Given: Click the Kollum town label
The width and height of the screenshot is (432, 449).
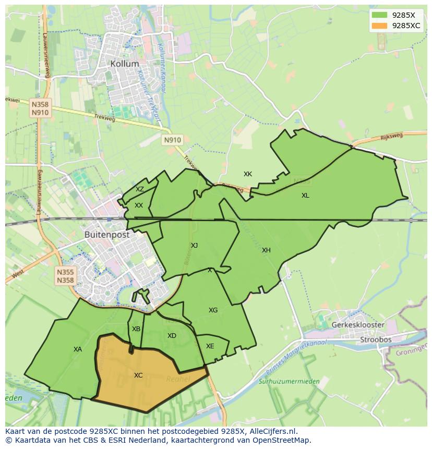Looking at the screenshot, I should coord(125,64).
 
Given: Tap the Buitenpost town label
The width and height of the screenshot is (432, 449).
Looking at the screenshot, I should coord(107,235).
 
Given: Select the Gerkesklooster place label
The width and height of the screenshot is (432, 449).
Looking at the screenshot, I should coord(358,325).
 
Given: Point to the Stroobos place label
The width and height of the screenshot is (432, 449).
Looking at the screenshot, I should coord(376,339).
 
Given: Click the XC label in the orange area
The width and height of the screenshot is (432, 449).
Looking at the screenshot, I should coord(138,375).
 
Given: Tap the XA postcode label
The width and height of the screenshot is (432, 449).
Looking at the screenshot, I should coord(78,349).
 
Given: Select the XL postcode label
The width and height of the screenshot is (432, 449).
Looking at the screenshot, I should coord(305,196).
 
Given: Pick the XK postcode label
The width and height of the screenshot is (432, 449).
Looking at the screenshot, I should coord(248,174).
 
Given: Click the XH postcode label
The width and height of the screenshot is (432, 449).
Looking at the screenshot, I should coord(266,250).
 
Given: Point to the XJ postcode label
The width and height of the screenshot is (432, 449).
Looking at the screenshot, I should coord(194,246).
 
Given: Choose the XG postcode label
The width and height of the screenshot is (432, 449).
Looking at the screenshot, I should coord(213,310).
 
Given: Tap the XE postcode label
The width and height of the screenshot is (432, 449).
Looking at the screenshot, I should coord(210,346).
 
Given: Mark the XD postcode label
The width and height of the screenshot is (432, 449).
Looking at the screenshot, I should coord(172,336).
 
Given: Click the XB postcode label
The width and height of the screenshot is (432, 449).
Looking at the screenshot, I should coord(136,329).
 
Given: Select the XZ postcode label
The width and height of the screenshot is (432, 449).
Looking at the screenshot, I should coord(140,189).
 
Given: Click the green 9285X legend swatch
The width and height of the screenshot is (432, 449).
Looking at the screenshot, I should coord(379,15).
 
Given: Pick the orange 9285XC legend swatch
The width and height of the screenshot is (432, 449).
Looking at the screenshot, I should coord(379,26).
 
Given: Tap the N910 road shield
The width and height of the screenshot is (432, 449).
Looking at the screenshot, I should coord(172,140).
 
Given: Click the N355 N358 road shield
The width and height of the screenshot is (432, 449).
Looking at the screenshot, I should coord(65,276).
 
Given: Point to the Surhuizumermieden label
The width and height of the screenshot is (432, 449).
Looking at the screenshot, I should coord(289,381).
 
